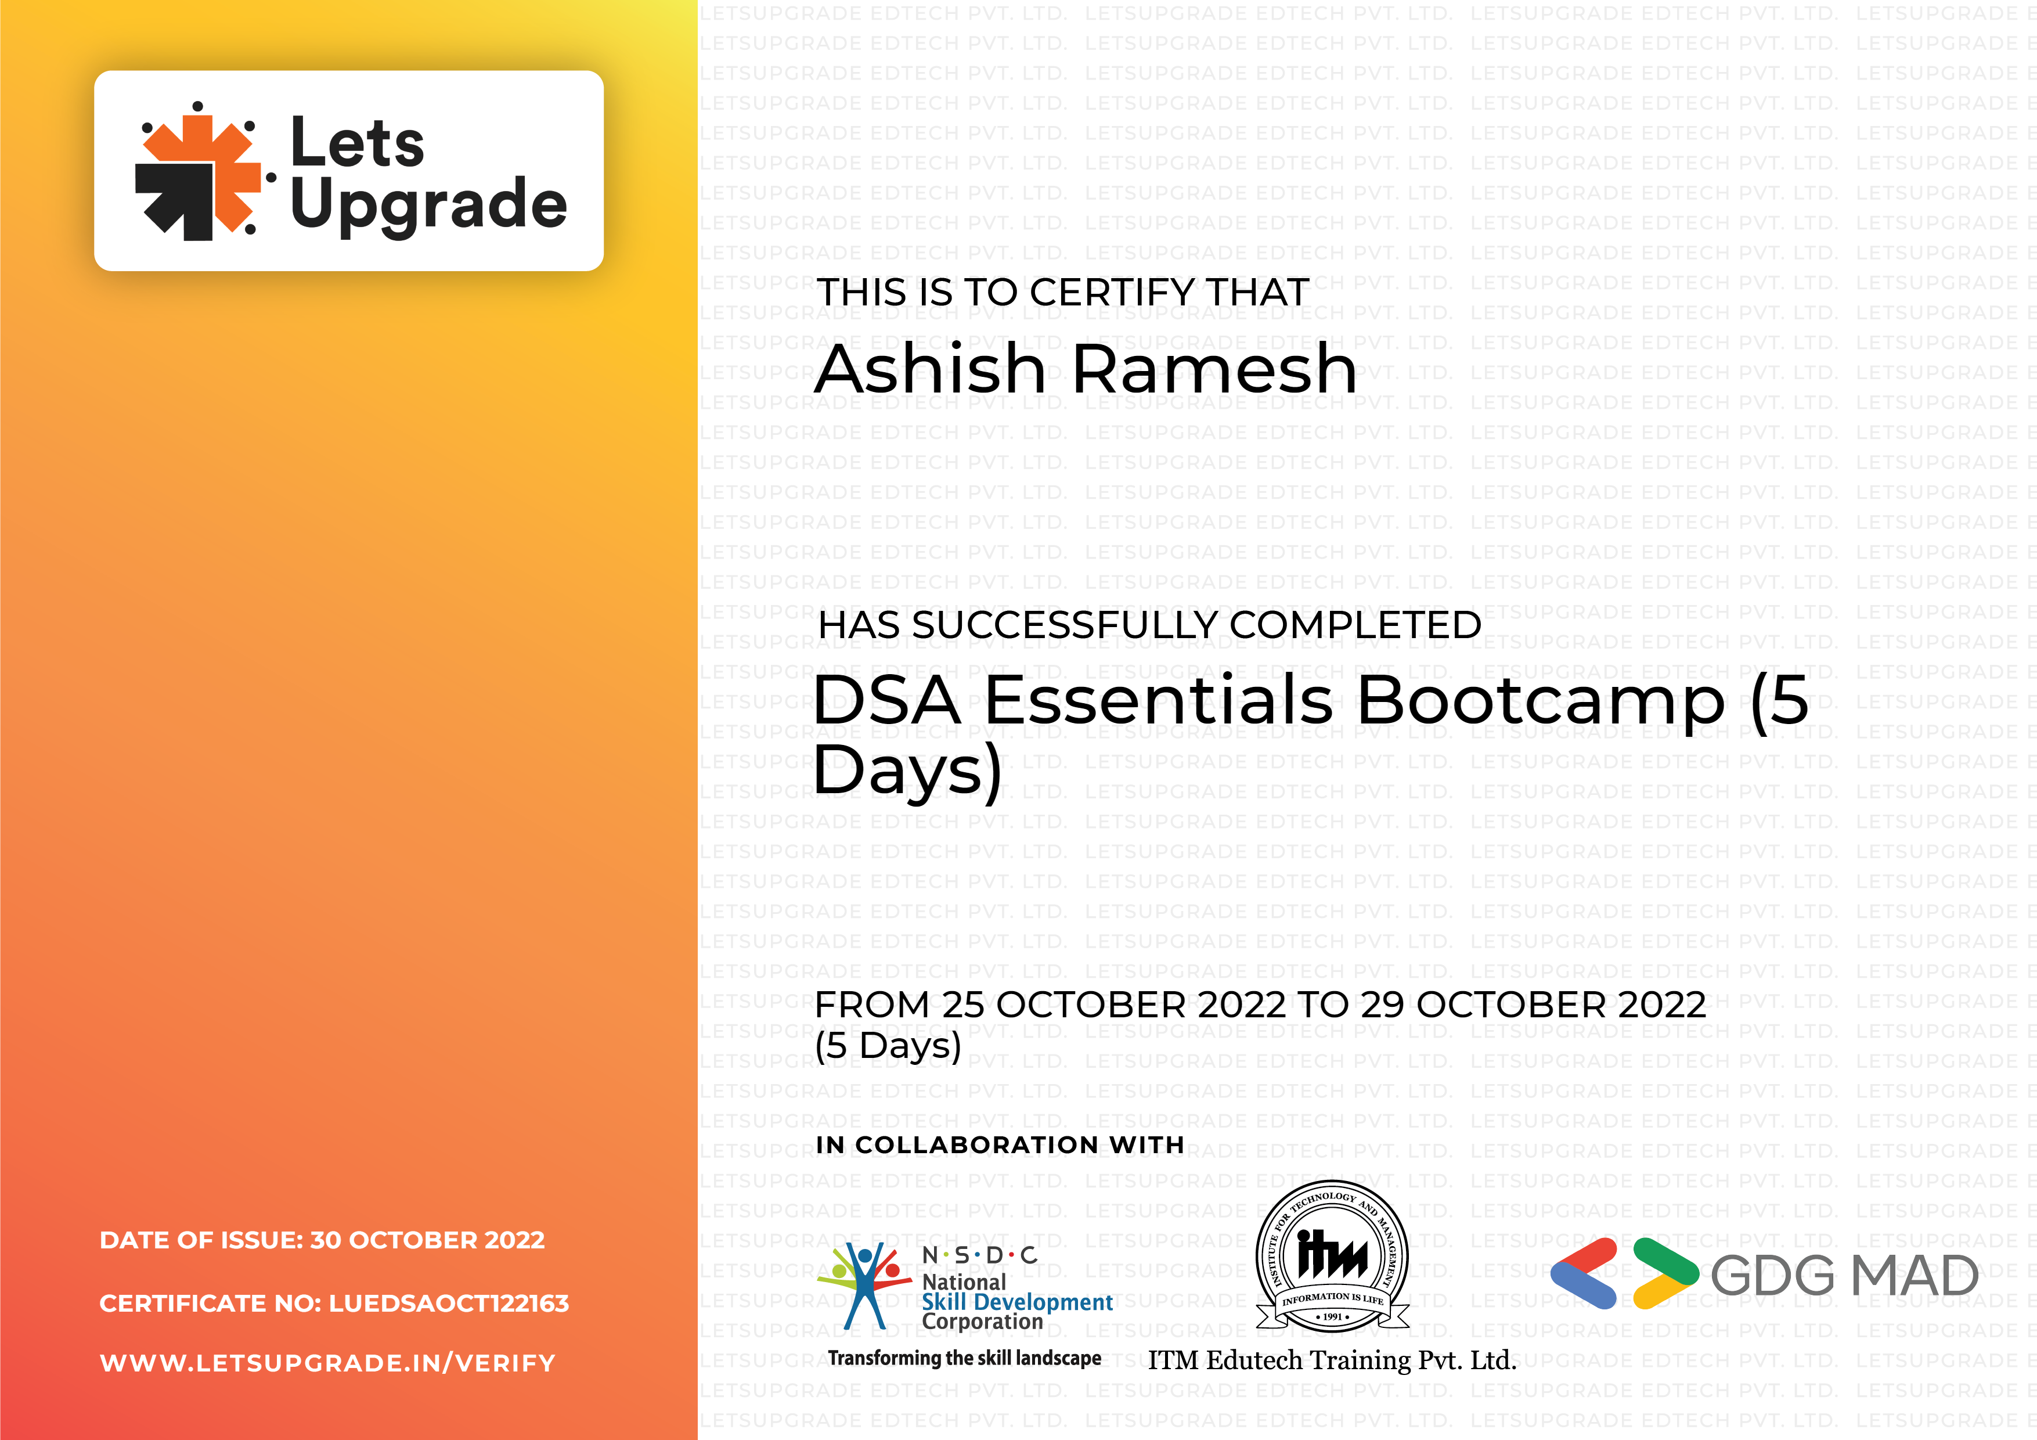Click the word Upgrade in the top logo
428,206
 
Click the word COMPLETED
1355,625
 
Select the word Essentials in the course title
1160,700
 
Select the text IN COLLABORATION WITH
1000,1146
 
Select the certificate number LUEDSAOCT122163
449,1304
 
